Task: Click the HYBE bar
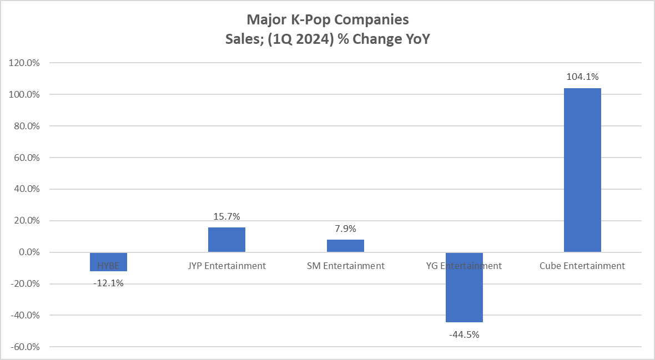(108, 262)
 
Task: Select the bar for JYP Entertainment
(226, 240)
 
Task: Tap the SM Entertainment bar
(345, 246)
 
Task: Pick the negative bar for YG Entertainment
(464, 287)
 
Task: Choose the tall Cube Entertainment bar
(582, 170)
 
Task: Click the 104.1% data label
(582, 77)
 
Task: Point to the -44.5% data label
(464, 334)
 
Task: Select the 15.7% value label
(226, 216)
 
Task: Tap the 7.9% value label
(345, 229)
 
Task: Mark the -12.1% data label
(108, 283)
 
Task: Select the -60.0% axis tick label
(24, 347)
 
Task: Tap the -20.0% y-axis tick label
(24, 284)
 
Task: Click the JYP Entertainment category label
(226, 266)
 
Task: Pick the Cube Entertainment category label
(582, 266)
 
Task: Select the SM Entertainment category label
(345, 266)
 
